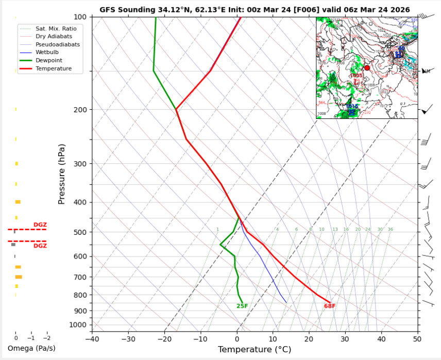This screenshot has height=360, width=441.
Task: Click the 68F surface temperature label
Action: click(x=330, y=306)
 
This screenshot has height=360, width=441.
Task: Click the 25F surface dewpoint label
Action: click(x=242, y=306)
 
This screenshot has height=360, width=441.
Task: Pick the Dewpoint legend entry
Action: click(x=46, y=60)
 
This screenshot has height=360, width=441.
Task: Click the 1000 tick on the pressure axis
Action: click(x=80, y=325)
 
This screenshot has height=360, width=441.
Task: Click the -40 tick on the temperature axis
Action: click(x=92, y=338)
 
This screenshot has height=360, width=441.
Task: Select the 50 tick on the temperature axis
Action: click(x=417, y=338)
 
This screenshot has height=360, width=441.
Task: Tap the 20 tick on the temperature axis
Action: click(x=309, y=338)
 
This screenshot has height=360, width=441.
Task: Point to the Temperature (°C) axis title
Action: click(x=255, y=350)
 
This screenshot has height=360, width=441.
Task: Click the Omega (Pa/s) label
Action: click(x=31, y=349)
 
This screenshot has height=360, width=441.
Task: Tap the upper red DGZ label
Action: click(x=40, y=225)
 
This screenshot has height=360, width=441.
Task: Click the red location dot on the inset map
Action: click(x=367, y=68)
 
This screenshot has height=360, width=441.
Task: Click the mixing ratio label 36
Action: click(x=390, y=230)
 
